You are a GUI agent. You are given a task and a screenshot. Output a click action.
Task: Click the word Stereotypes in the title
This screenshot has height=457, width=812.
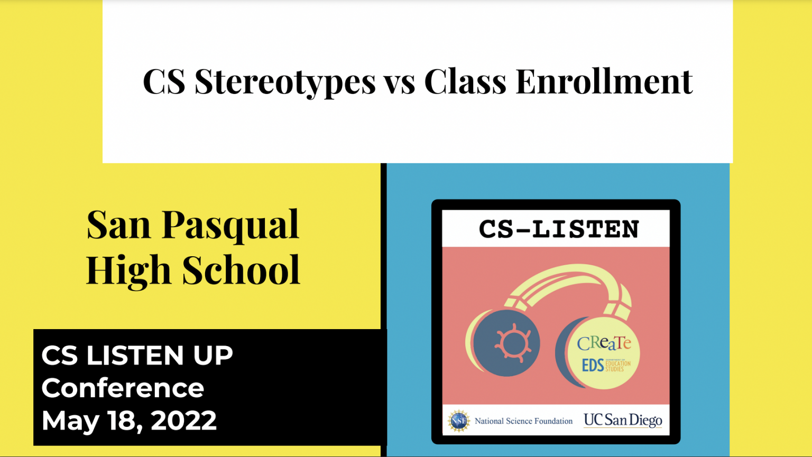pos(285,82)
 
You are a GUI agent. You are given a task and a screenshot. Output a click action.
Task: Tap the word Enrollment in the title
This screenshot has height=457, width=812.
pos(604,81)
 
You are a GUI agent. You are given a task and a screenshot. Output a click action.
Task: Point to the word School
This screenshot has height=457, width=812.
pos(241,270)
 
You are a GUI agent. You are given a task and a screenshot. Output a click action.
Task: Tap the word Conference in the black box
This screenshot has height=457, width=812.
pos(123,388)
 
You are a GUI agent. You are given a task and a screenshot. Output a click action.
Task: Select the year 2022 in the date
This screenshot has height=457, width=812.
pos(183,421)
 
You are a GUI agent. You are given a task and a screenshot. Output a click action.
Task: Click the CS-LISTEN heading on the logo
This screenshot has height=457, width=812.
pos(559,229)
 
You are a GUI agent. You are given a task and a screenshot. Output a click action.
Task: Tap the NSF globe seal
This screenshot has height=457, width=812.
pos(458,421)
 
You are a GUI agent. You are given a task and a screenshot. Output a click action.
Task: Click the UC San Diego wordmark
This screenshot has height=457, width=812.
pos(623,421)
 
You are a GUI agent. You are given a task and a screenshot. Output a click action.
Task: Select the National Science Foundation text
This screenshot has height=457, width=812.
pos(523,421)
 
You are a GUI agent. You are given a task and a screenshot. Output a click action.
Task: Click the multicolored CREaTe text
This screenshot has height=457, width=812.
pos(604,343)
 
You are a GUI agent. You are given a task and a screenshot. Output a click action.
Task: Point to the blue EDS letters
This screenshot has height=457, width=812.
pos(593,365)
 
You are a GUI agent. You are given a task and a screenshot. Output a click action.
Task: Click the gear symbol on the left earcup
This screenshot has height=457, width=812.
pos(513,343)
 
